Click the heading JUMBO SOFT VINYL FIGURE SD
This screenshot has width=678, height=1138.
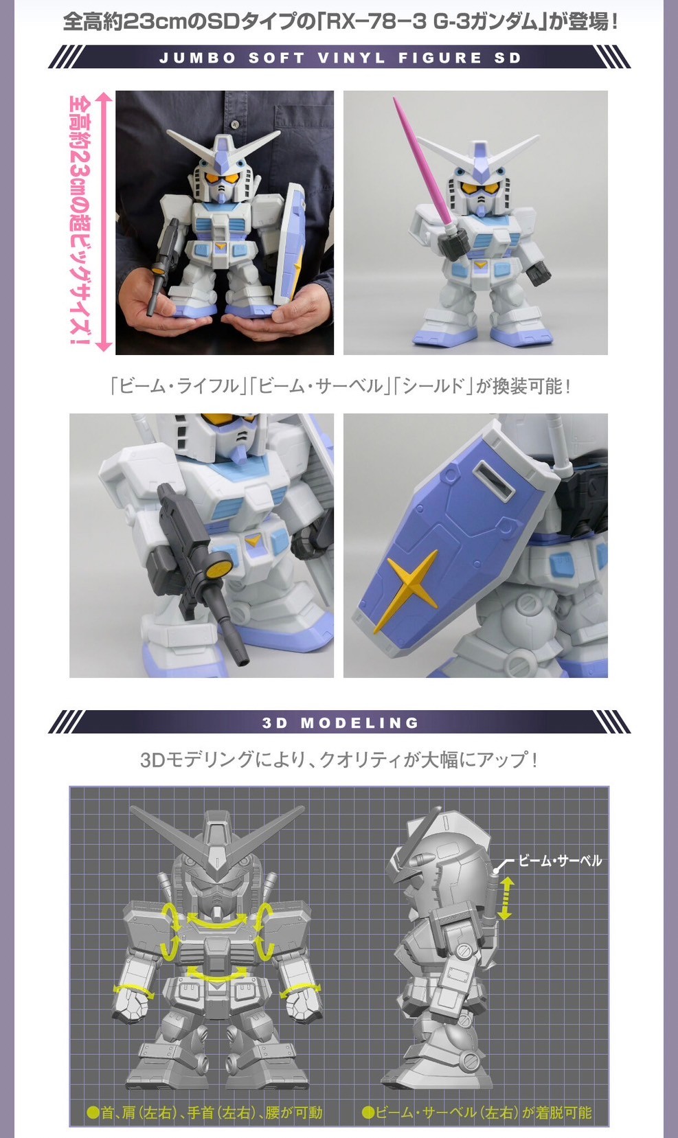[340, 58]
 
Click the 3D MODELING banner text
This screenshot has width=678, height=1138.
[340, 722]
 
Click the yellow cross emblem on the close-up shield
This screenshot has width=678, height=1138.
[412, 582]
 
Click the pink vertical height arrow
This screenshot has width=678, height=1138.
[103, 222]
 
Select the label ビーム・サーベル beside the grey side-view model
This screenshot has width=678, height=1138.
[559, 861]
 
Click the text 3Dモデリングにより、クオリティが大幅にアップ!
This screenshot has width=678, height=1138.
[339, 760]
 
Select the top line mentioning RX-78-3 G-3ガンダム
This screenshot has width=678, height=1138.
[340, 21]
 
